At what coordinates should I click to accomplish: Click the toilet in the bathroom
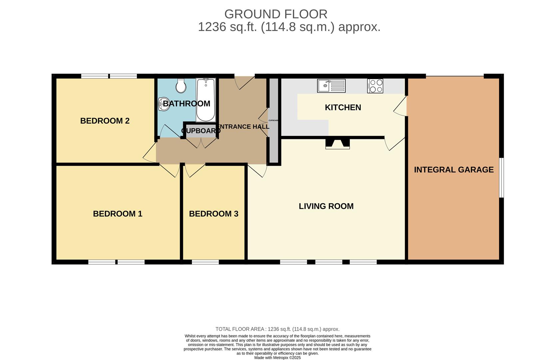(181, 86)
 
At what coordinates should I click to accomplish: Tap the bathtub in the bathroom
(206, 100)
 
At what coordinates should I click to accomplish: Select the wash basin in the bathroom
(163, 103)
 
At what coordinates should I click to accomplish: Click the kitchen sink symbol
(331, 86)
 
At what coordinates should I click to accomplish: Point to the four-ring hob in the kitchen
(375, 86)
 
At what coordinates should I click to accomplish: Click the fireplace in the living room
(337, 143)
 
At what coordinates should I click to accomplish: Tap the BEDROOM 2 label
(105, 121)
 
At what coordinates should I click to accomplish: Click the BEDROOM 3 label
(214, 214)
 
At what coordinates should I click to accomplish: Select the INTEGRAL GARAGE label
(454, 170)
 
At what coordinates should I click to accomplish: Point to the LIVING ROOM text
(326, 206)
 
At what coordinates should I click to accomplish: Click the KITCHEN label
(343, 107)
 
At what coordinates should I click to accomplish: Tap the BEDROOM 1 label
(118, 214)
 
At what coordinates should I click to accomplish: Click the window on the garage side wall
(501, 178)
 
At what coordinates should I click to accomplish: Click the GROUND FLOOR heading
(276, 14)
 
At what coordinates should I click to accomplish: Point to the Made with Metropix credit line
(277, 358)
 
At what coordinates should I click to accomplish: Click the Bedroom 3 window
(205, 262)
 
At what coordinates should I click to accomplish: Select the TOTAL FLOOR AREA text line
(277, 329)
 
